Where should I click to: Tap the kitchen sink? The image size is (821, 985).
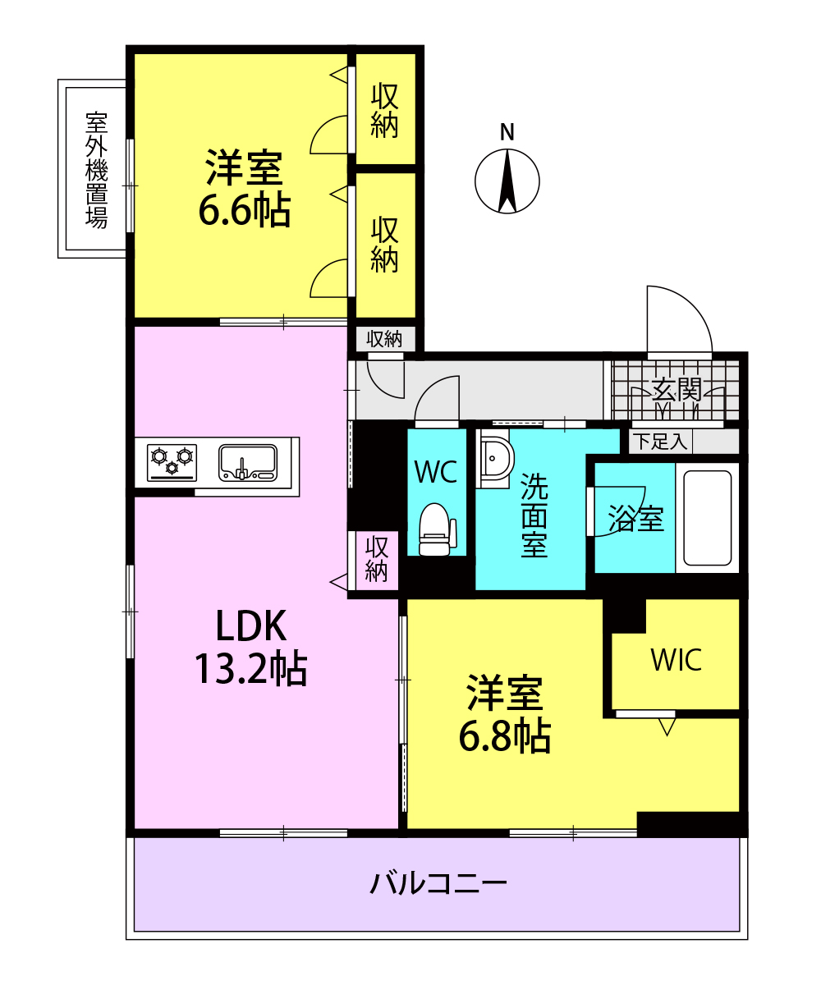pyautogui.click(x=247, y=463)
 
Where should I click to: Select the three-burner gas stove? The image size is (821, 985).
pyautogui.click(x=172, y=462)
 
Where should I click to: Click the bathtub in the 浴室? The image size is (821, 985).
pyautogui.click(x=707, y=517)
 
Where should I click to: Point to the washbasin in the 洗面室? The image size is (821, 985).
pyautogui.click(x=494, y=458)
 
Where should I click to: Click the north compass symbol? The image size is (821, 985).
pyautogui.click(x=507, y=181)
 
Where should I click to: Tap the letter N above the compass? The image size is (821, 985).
pyautogui.click(x=507, y=132)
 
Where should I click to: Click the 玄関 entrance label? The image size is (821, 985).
pyautogui.click(x=677, y=390)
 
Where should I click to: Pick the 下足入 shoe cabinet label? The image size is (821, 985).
pyautogui.click(x=660, y=442)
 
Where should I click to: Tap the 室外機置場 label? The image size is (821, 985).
pyautogui.click(x=96, y=169)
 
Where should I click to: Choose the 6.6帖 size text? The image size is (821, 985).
pyautogui.click(x=245, y=210)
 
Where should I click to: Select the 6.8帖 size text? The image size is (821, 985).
pyautogui.click(x=505, y=736)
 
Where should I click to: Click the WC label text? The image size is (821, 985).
pyautogui.click(x=436, y=471)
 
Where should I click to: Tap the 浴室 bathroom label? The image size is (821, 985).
pyautogui.click(x=636, y=518)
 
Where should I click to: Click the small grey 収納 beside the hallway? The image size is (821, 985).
pyautogui.click(x=384, y=339)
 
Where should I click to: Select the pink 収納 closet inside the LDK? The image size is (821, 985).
pyautogui.click(x=375, y=560)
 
